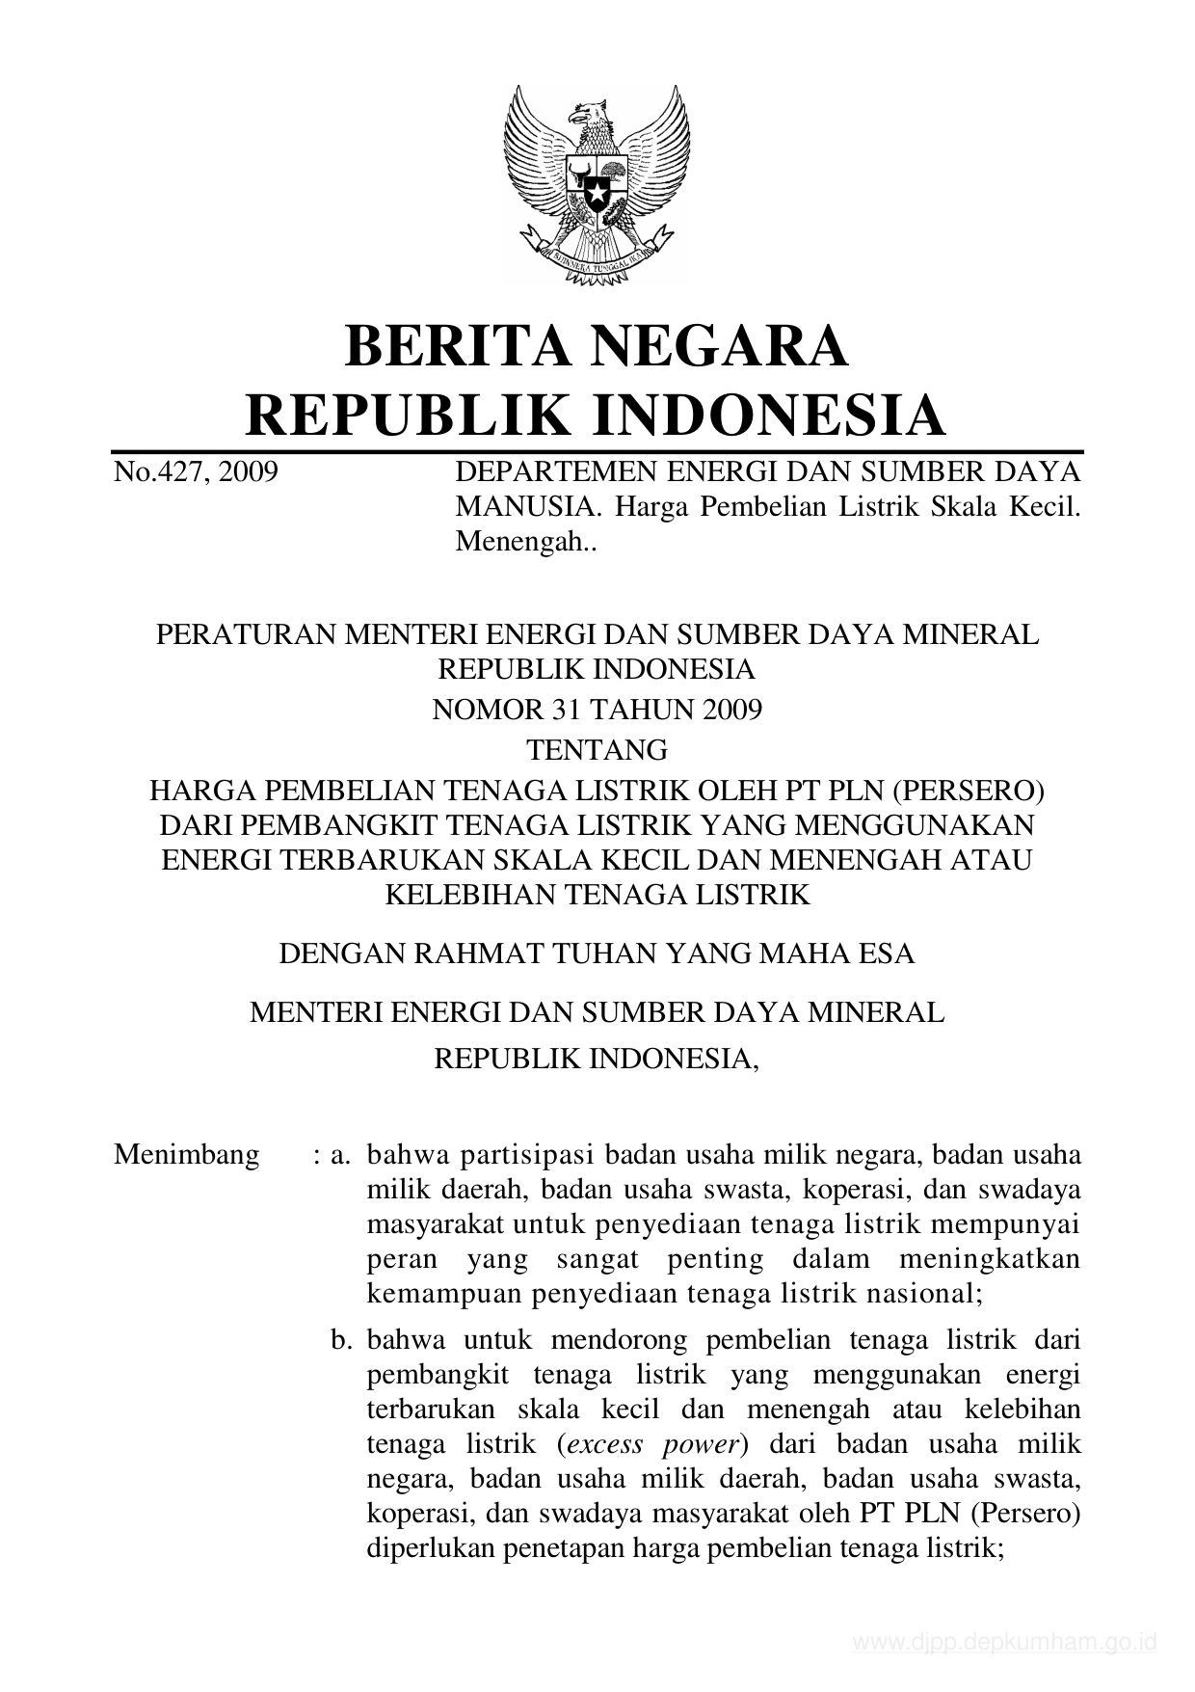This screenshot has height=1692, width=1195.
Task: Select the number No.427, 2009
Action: pos(196,472)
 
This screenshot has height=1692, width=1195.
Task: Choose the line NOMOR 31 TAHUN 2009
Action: pos(597,711)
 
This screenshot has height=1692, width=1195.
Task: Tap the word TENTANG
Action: pos(597,750)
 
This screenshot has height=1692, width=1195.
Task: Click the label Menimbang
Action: pos(186,1155)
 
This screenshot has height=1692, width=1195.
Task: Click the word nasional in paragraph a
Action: pos(920,1294)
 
